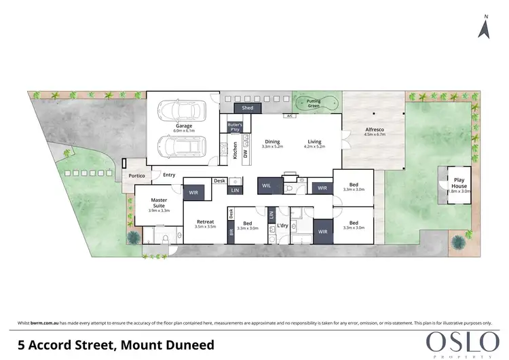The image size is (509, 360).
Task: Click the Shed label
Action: click(x=247, y=107)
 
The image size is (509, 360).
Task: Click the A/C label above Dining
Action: click(x=288, y=116)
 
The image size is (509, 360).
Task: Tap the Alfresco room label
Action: click(x=375, y=130)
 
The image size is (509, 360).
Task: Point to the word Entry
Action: click(x=169, y=175)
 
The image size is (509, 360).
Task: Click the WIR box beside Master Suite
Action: click(x=193, y=193)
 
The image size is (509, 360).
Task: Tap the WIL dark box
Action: click(x=266, y=185)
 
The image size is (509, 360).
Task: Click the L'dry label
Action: click(x=283, y=226)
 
